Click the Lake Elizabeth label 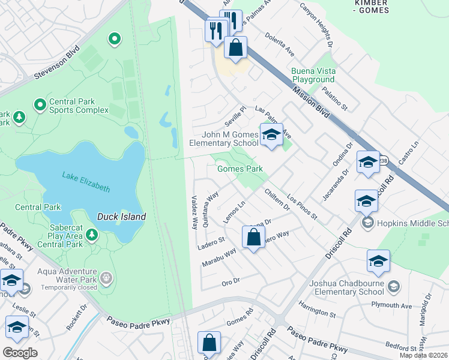coord(86,182)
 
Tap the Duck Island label coord(122,216)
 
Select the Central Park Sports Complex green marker coord(40,106)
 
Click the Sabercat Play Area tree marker coord(91,234)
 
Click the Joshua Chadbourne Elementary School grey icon coord(393,287)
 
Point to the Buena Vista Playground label coord(313,75)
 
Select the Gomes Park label coord(240,169)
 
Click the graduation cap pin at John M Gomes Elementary coord(271,136)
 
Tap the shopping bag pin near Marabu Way coord(253,237)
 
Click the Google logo coord(20,352)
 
